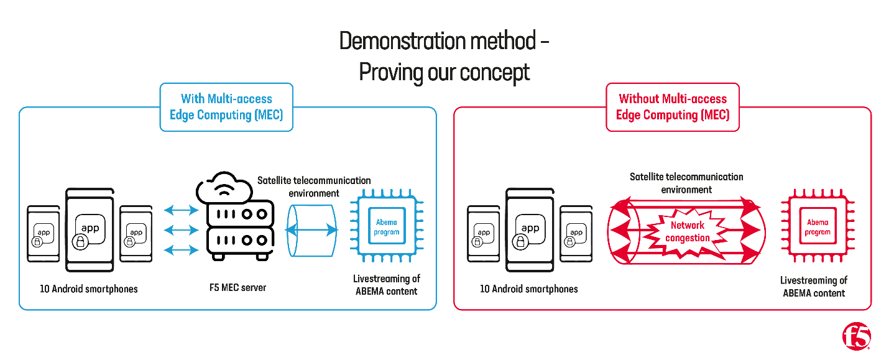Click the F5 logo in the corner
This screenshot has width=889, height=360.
(857, 337)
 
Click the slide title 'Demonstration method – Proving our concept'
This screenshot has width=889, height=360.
(444, 57)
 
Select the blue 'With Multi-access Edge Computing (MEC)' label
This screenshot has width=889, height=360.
(226, 107)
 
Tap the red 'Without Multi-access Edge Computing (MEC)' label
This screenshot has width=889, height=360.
(673, 107)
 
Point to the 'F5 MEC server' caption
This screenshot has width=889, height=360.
(238, 288)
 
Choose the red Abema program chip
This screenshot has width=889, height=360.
(818, 228)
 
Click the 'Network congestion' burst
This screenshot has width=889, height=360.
(688, 231)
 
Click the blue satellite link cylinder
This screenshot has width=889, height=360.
(311, 230)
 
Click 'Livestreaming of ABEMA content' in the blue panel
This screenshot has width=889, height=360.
(387, 285)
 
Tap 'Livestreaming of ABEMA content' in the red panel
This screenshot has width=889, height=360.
(814, 287)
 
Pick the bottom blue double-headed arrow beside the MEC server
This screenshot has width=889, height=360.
(180, 251)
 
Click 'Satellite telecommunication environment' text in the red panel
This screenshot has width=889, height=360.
(686, 183)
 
